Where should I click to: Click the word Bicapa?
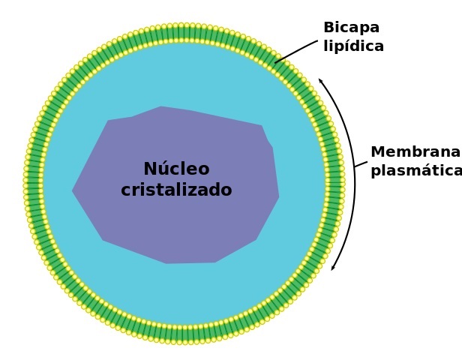click(x=351, y=28)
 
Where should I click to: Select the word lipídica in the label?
click(x=353, y=46)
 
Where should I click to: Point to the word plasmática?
click(x=415, y=171)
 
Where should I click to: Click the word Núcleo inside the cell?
click(x=176, y=169)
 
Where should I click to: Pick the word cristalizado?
click(x=176, y=190)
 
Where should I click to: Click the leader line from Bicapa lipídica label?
click(x=297, y=51)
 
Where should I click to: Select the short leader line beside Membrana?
click(x=361, y=163)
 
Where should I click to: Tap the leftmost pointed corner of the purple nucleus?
click(x=73, y=191)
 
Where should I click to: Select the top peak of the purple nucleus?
click(x=161, y=107)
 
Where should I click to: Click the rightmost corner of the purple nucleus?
click(x=278, y=197)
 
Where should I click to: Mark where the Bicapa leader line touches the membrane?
click(x=275, y=62)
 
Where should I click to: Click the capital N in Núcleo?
click(x=150, y=169)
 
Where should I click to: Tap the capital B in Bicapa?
click(x=328, y=28)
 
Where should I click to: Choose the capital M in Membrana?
click(x=378, y=152)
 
